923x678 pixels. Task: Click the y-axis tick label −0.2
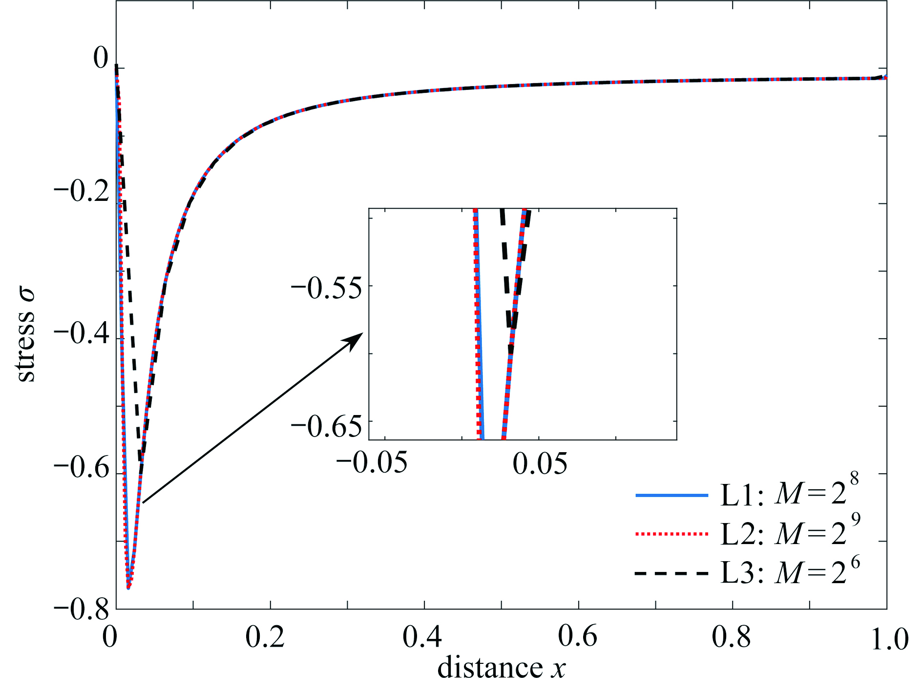click(81, 192)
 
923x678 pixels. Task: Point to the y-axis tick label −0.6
click(81, 468)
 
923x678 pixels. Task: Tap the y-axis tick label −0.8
click(81, 611)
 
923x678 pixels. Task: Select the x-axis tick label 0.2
click(265, 637)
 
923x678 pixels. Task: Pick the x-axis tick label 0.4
click(422, 637)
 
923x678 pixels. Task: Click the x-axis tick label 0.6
click(577, 637)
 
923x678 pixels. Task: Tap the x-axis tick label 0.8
click(731, 637)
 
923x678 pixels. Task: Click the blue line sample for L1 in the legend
click(671, 495)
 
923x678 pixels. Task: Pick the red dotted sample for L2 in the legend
click(671, 534)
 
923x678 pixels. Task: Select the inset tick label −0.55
click(327, 288)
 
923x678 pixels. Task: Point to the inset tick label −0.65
click(327, 426)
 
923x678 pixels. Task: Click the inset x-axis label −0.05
click(372, 462)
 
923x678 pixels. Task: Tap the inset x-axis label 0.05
click(540, 462)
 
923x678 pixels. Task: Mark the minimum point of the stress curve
click(128, 587)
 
